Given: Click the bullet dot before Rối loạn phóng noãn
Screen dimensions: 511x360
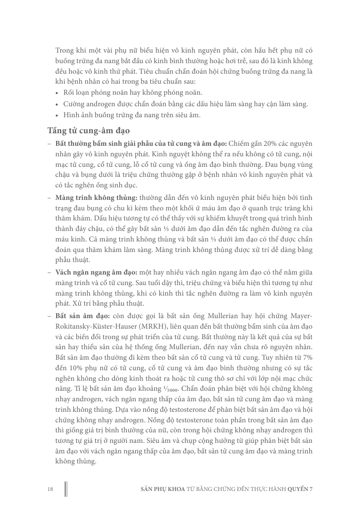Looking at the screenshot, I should point(58,93).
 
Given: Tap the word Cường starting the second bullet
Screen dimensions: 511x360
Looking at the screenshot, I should point(74,104).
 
